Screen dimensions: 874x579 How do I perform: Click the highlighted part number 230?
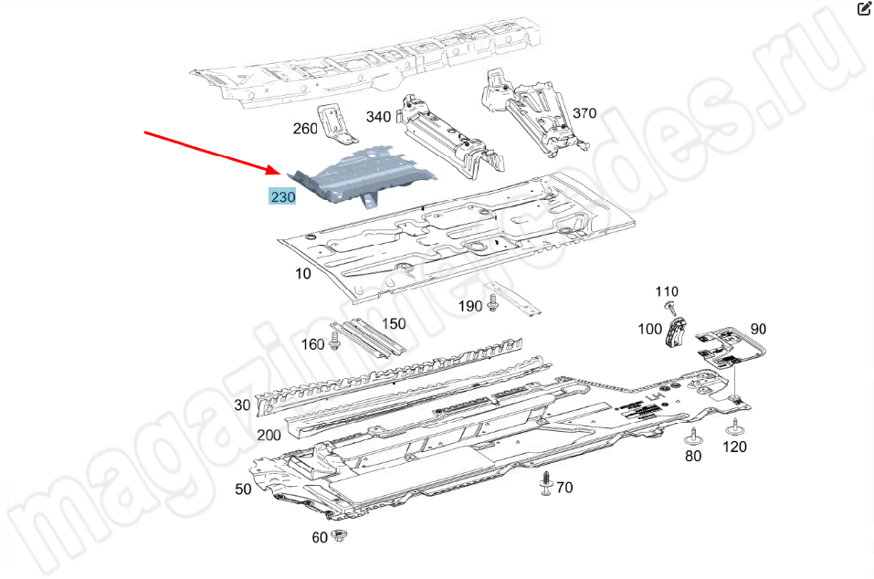[x=282, y=196]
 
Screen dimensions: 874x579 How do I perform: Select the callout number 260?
[x=305, y=129]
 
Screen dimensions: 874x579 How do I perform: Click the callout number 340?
[x=378, y=117]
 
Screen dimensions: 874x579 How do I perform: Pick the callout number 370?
[x=584, y=113]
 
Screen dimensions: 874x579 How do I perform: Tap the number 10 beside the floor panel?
[x=302, y=274]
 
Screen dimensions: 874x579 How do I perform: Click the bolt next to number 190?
[x=492, y=303]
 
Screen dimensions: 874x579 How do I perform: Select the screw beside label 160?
[x=334, y=341]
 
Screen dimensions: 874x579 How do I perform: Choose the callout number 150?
[x=394, y=324]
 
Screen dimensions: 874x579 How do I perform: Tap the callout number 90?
[x=758, y=329]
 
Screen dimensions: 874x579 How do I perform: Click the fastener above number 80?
[x=693, y=437]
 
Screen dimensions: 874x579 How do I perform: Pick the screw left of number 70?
[x=546, y=483]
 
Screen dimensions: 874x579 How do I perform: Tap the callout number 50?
[x=243, y=490]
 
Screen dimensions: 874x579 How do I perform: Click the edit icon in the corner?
[x=863, y=8]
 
